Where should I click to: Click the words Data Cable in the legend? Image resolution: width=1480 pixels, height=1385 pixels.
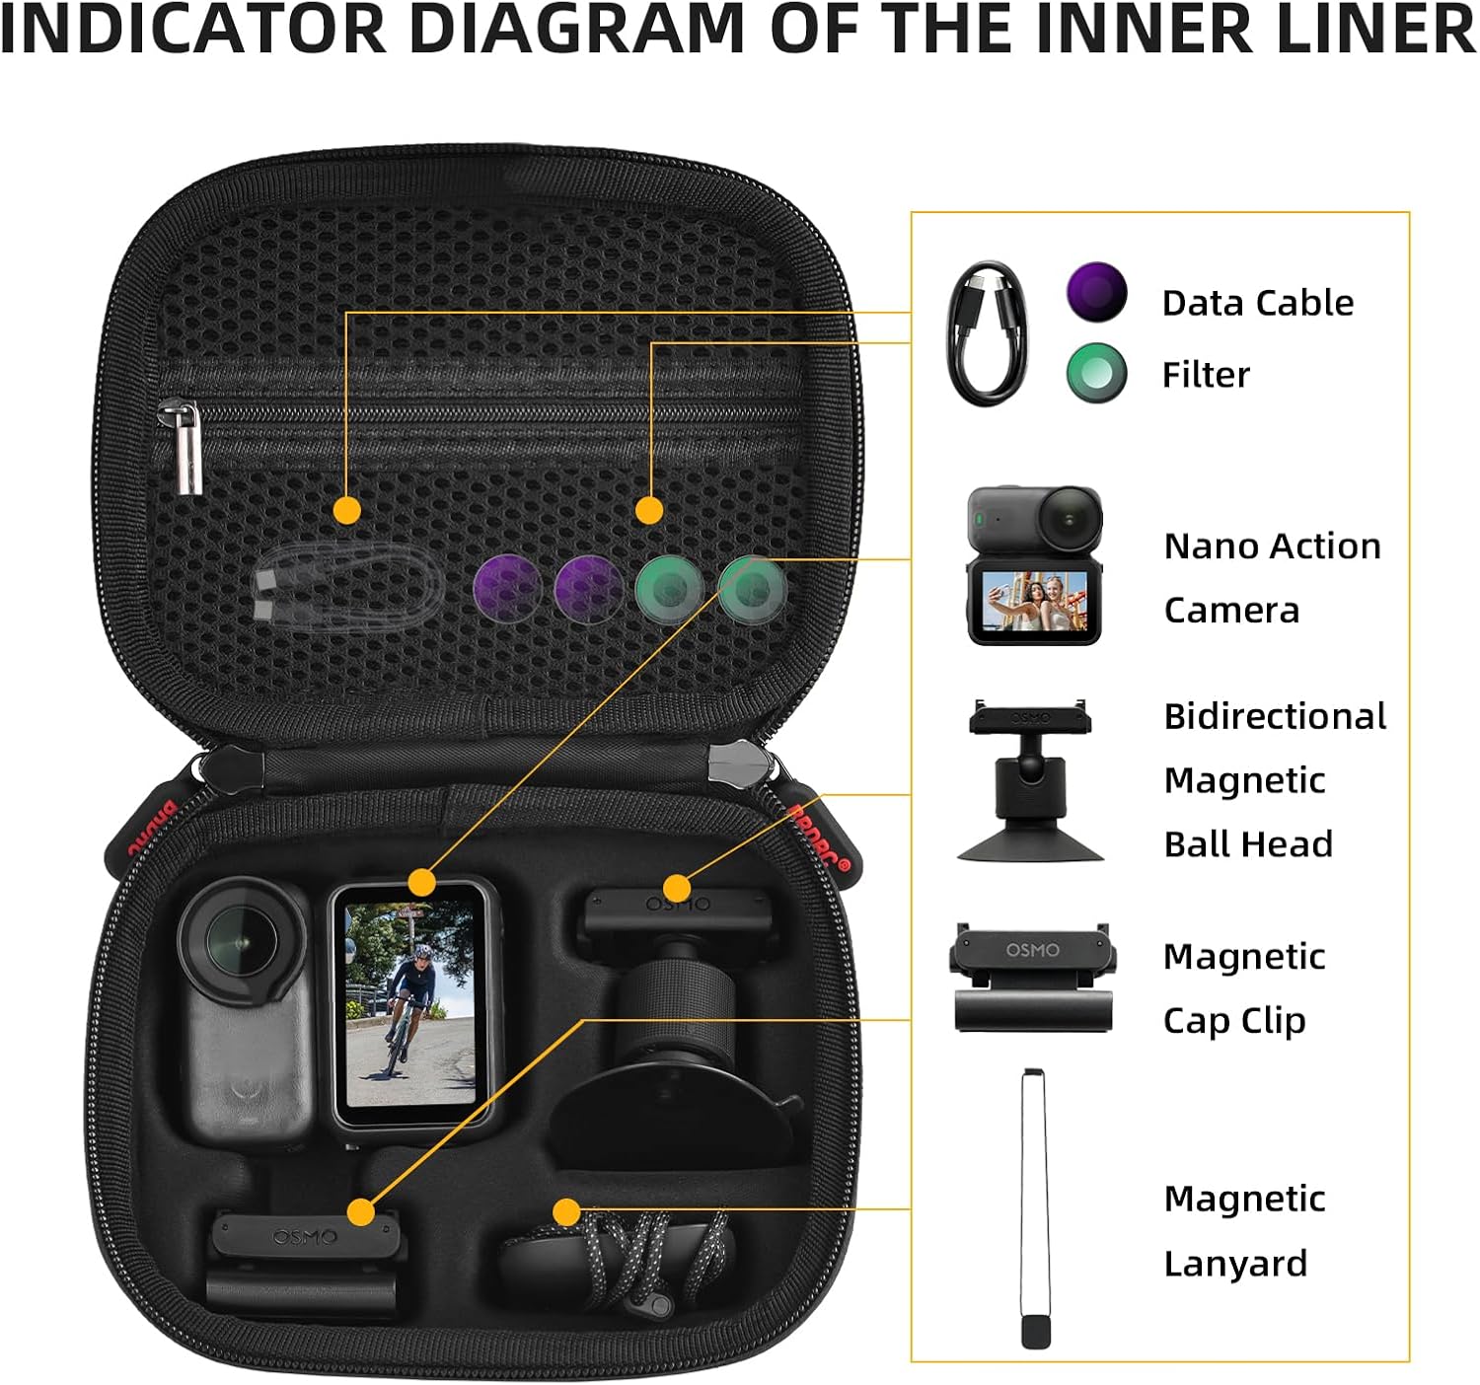[1257, 303]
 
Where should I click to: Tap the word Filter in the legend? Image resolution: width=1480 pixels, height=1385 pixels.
[1205, 375]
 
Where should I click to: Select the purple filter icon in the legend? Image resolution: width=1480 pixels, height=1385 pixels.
[1095, 292]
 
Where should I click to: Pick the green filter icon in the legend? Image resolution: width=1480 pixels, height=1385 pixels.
[1096, 373]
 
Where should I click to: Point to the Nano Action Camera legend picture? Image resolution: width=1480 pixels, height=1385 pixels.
[1034, 565]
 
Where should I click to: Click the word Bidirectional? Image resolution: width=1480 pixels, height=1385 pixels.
[1275, 716]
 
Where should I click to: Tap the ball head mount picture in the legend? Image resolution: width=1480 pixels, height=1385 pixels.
[1030, 780]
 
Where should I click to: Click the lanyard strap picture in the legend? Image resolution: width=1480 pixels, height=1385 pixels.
[1034, 1207]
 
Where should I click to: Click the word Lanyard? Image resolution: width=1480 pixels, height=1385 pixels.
[1235, 1264]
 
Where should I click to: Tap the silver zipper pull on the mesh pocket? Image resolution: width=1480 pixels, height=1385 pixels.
[184, 447]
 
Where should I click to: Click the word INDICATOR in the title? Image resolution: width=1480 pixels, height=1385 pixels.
[192, 30]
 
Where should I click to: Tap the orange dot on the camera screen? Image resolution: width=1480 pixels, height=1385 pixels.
[422, 882]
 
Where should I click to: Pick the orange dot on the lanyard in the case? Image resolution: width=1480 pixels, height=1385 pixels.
[566, 1211]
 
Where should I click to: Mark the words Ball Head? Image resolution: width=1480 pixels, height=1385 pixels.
[1248, 844]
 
